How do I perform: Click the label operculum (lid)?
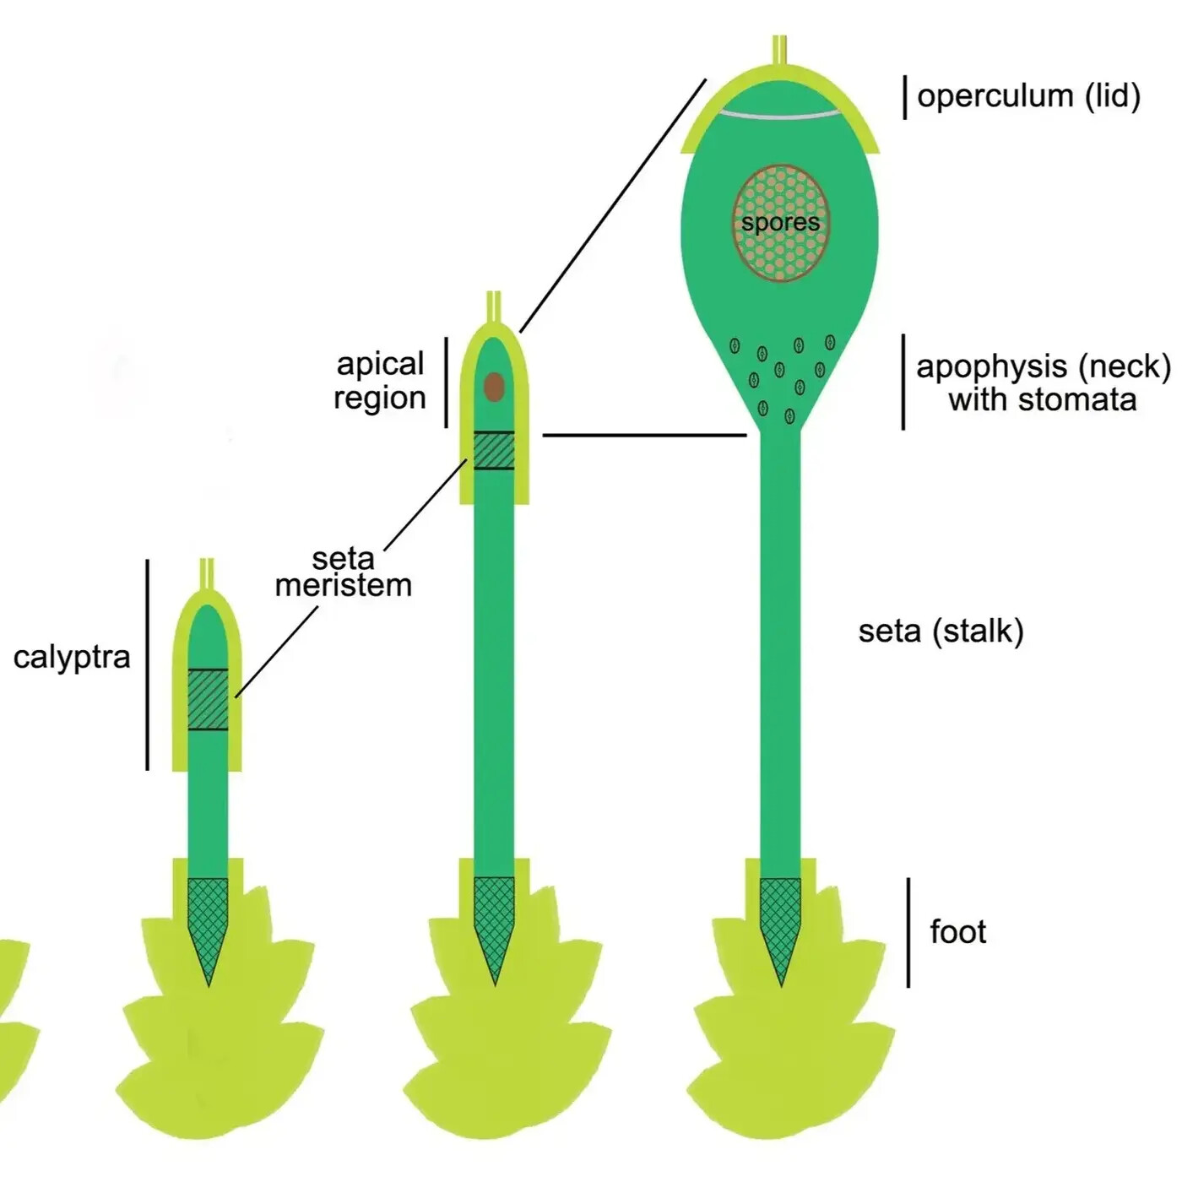tap(1028, 96)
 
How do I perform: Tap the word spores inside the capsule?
tap(780, 223)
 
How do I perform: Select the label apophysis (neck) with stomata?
tap(1043, 382)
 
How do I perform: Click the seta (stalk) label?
tap(941, 631)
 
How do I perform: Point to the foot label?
tap(957, 932)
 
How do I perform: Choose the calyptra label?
tap(72, 657)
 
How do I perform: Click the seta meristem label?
tap(343, 572)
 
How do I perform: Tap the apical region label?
tap(380, 381)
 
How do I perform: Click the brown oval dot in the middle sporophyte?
tap(494, 388)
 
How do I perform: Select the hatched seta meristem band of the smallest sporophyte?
tap(208, 699)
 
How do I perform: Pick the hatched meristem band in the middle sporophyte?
tap(494, 450)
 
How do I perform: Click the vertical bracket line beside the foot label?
tap(908, 932)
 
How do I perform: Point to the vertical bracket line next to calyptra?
tap(148, 664)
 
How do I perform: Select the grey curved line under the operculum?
tap(780, 113)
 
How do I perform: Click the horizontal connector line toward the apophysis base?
tap(644, 436)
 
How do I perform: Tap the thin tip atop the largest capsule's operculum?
tap(780, 49)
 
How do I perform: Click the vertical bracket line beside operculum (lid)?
tap(904, 97)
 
